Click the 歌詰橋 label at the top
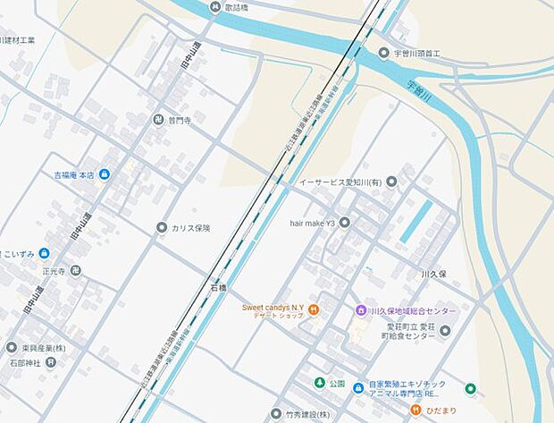[236, 7]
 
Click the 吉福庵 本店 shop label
[74, 173]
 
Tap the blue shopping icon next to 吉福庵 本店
[105, 173]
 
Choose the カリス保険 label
[191, 228]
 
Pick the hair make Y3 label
[313, 222]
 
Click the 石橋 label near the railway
[219, 288]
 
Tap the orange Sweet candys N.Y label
[273, 308]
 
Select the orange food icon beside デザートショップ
[315, 310]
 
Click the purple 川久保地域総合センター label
[412, 310]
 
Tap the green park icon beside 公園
[318, 384]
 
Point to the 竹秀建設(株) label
[307, 415]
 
